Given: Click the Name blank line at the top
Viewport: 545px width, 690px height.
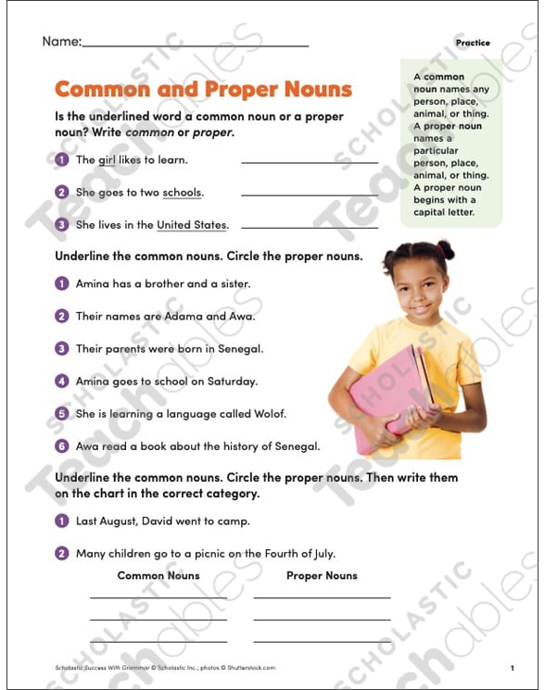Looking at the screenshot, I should pyautogui.click(x=195, y=44).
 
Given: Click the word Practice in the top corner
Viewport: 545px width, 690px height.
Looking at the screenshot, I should pyautogui.click(x=473, y=43).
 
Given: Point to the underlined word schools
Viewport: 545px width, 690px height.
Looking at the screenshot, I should pyautogui.click(x=182, y=193).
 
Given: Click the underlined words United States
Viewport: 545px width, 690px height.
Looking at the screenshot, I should pyautogui.click(x=191, y=225).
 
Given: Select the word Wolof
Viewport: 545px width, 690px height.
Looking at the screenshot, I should pyautogui.click(x=269, y=413).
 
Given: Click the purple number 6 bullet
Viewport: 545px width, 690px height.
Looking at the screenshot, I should pyautogui.click(x=62, y=445).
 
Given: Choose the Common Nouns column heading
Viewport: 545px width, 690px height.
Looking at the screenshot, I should pyautogui.click(x=158, y=576).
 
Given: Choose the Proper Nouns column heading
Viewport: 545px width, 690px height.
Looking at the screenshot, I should pyautogui.click(x=322, y=576).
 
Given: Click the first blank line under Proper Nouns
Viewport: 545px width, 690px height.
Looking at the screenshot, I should pyautogui.click(x=322, y=597).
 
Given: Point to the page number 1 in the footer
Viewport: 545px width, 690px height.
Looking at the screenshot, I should pyautogui.click(x=511, y=668).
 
